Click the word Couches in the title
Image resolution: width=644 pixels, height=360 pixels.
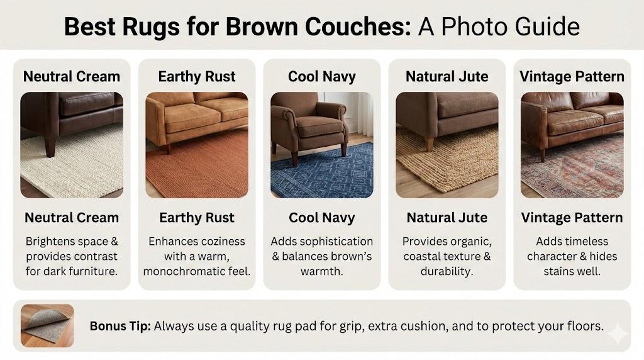point(357,26)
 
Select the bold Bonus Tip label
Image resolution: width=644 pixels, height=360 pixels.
point(120,326)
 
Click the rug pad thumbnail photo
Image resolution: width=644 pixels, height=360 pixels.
point(48,325)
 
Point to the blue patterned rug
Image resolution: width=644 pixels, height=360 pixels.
point(325,172)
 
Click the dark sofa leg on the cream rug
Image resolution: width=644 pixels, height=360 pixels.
point(50,146)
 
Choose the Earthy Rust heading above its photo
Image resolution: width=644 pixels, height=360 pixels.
point(197,77)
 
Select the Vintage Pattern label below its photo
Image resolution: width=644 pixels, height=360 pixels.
point(572,218)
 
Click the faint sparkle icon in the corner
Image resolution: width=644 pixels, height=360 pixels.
point(618,334)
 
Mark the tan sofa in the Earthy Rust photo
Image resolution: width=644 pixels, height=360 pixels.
point(197,119)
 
